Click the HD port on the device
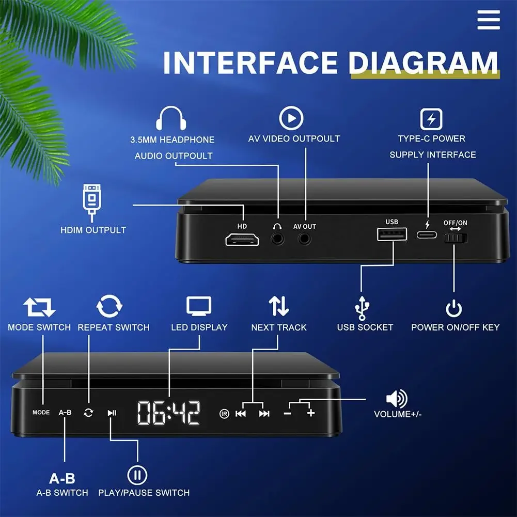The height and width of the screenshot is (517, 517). pos(242,240)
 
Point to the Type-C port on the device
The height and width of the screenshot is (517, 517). pos(427,235)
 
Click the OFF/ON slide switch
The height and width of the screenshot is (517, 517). pos(455,238)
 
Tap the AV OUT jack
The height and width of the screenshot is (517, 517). pos(305,239)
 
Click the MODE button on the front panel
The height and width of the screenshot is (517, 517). pos(41,412)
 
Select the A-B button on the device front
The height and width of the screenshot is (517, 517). pos(65,412)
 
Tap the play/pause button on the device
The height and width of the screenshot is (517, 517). pos(112,413)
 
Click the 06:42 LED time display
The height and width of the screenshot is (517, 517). pos(169,413)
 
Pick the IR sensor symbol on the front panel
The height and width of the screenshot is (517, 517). pos(224,413)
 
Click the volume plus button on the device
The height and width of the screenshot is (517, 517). pos(310,413)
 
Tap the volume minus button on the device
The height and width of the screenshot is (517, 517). pos(288,413)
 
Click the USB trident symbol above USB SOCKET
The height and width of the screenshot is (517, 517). pos(362,308)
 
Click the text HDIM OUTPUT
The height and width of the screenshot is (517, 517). pos(93,230)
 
